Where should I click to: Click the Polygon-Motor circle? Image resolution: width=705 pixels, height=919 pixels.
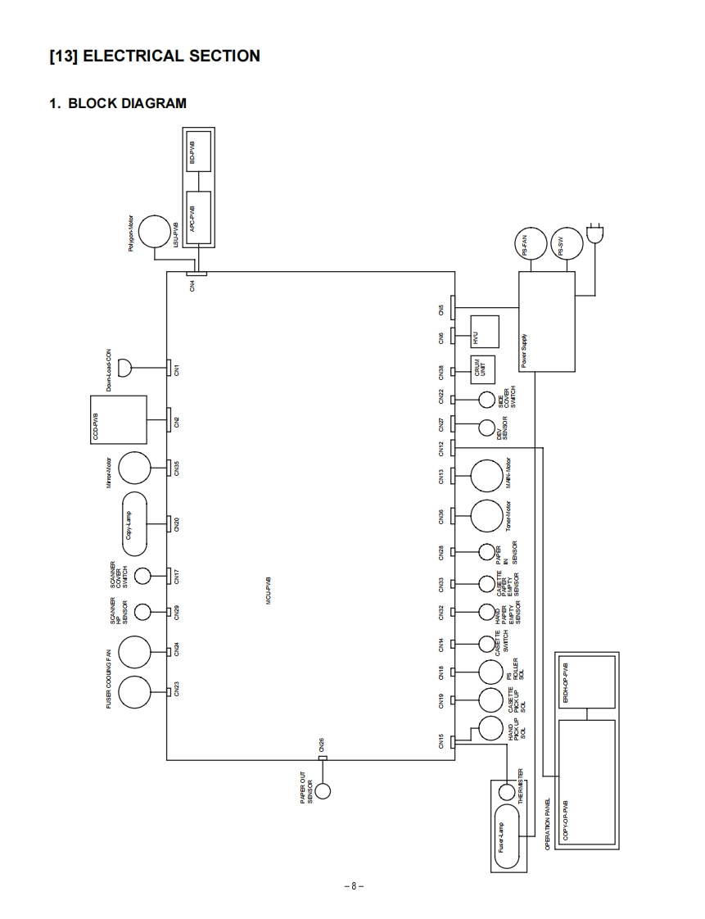(x=153, y=232)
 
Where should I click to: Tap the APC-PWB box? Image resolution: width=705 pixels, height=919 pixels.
(x=199, y=215)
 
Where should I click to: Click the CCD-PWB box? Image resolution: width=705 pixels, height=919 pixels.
(x=118, y=419)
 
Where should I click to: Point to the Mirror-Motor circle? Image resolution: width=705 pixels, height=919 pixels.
(x=135, y=469)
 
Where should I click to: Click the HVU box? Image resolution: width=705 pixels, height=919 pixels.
(x=485, y=331)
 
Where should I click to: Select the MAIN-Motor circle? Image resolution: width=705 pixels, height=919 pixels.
(x=486, y=475)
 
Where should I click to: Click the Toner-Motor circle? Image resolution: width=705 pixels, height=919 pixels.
(x=486, y=515)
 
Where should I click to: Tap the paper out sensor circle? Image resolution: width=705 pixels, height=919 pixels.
(x=323, y=791)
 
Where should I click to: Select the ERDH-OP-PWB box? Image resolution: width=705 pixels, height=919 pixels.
(x=587, y=682)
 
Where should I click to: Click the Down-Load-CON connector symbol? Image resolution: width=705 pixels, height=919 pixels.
(x=125, y=366)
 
